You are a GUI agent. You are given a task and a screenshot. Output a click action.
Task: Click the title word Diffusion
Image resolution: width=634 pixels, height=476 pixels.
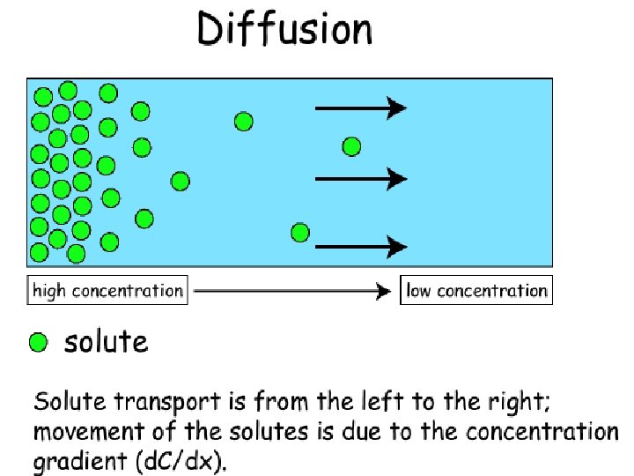284,30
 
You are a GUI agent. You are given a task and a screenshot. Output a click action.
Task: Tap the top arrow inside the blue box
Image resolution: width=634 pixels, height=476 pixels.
360,108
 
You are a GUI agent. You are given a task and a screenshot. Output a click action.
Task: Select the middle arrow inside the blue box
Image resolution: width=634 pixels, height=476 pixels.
360,179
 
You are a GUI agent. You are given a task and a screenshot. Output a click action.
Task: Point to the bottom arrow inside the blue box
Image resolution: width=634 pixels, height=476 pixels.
360,247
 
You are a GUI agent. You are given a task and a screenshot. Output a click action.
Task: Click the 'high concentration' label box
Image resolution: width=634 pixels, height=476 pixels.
107,291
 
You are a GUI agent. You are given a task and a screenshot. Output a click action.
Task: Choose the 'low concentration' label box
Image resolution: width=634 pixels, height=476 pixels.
476,291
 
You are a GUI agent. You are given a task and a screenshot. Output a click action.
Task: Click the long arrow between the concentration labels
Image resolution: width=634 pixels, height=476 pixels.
291,291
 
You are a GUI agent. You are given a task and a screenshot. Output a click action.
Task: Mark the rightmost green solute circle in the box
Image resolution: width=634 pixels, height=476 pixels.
351,145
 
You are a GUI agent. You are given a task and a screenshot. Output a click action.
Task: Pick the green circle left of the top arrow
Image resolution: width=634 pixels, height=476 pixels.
244,122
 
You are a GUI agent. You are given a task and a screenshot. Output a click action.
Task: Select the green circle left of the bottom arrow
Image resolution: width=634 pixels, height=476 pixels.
300,233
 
